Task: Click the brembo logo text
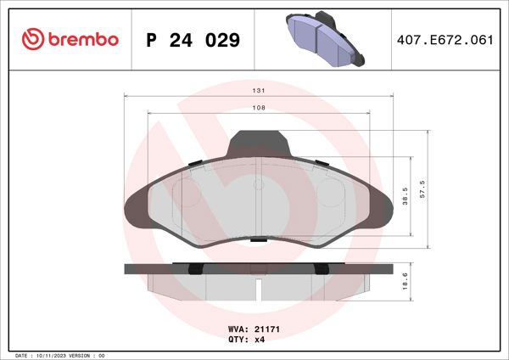82,39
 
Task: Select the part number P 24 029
193,40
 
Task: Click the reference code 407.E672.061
445,40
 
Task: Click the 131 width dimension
260,91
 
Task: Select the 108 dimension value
260,108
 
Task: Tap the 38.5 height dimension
406,196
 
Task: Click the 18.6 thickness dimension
406,281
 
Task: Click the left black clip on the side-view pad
194,269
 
